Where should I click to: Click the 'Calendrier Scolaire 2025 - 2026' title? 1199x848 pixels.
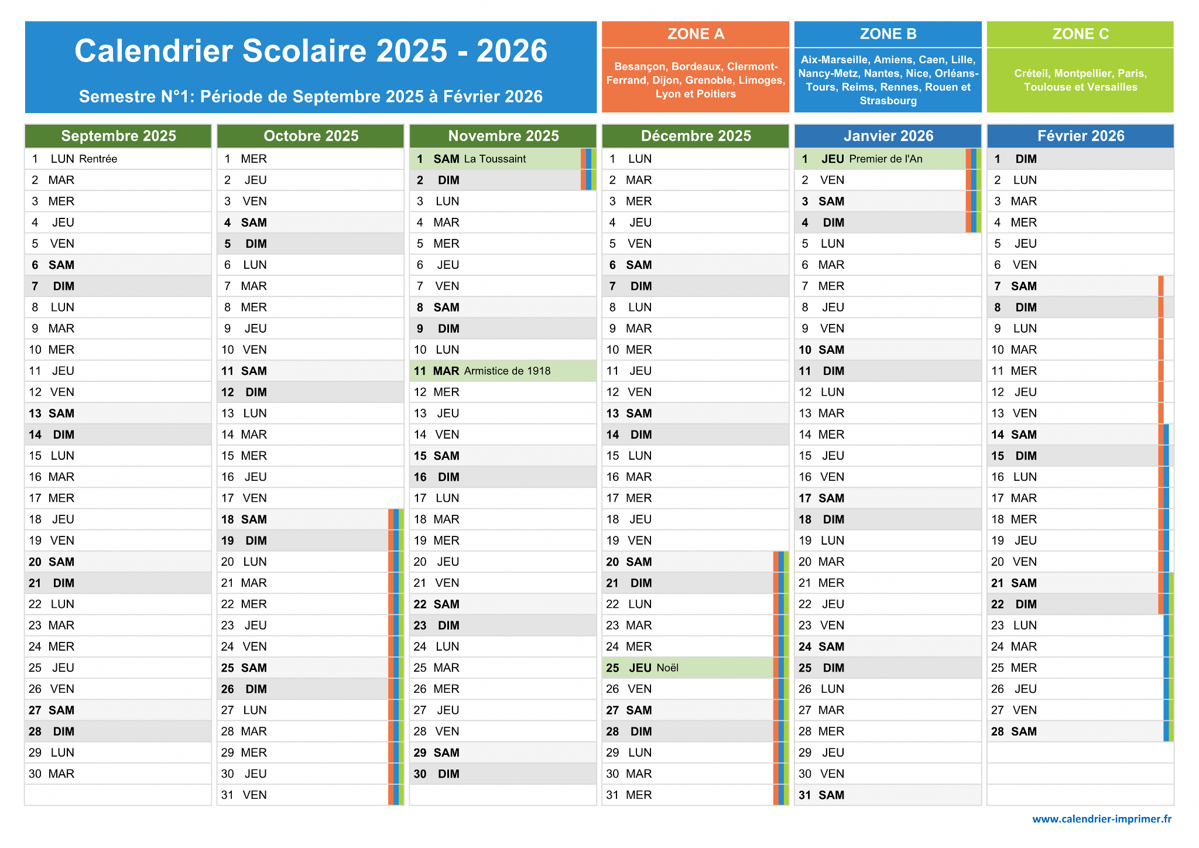311,51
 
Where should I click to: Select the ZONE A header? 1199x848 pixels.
696,34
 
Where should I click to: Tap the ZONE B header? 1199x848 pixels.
888,34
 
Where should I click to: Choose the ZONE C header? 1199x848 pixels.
1081,34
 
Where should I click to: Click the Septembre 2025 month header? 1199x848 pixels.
118,136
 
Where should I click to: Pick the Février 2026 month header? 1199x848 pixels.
1081,136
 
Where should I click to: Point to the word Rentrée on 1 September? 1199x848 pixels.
98,159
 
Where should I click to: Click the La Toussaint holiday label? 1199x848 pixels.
495,159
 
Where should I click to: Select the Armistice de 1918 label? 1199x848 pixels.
507,371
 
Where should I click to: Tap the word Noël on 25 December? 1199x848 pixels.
667,668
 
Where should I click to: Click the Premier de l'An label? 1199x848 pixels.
886,159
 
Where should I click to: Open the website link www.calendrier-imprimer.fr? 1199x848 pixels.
1102,819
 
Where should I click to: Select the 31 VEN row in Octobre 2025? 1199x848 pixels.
310,795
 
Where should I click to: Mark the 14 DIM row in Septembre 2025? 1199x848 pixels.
118,435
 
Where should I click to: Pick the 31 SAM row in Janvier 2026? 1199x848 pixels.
888,795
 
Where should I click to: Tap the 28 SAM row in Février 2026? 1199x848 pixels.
1081,731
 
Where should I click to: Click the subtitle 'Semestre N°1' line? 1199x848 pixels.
311,97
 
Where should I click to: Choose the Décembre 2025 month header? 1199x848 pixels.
696,136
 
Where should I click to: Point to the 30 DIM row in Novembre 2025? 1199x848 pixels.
503,774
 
